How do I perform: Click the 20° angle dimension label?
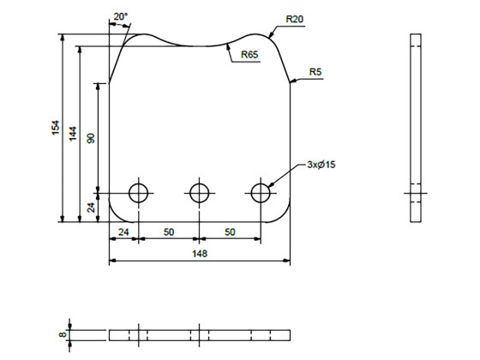pos(121,17)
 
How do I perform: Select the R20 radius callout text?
pos(295,19)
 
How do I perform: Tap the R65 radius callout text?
pos(249,55)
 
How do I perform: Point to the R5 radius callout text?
pos(315,72)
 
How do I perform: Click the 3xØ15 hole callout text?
pos(321,165)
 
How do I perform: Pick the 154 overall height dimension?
pos(56,128)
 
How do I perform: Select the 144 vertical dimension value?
pos(73,134)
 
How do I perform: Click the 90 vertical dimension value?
pos(91,138)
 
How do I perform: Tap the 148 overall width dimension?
pos(200,254)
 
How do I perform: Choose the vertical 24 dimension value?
pos(91,207)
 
